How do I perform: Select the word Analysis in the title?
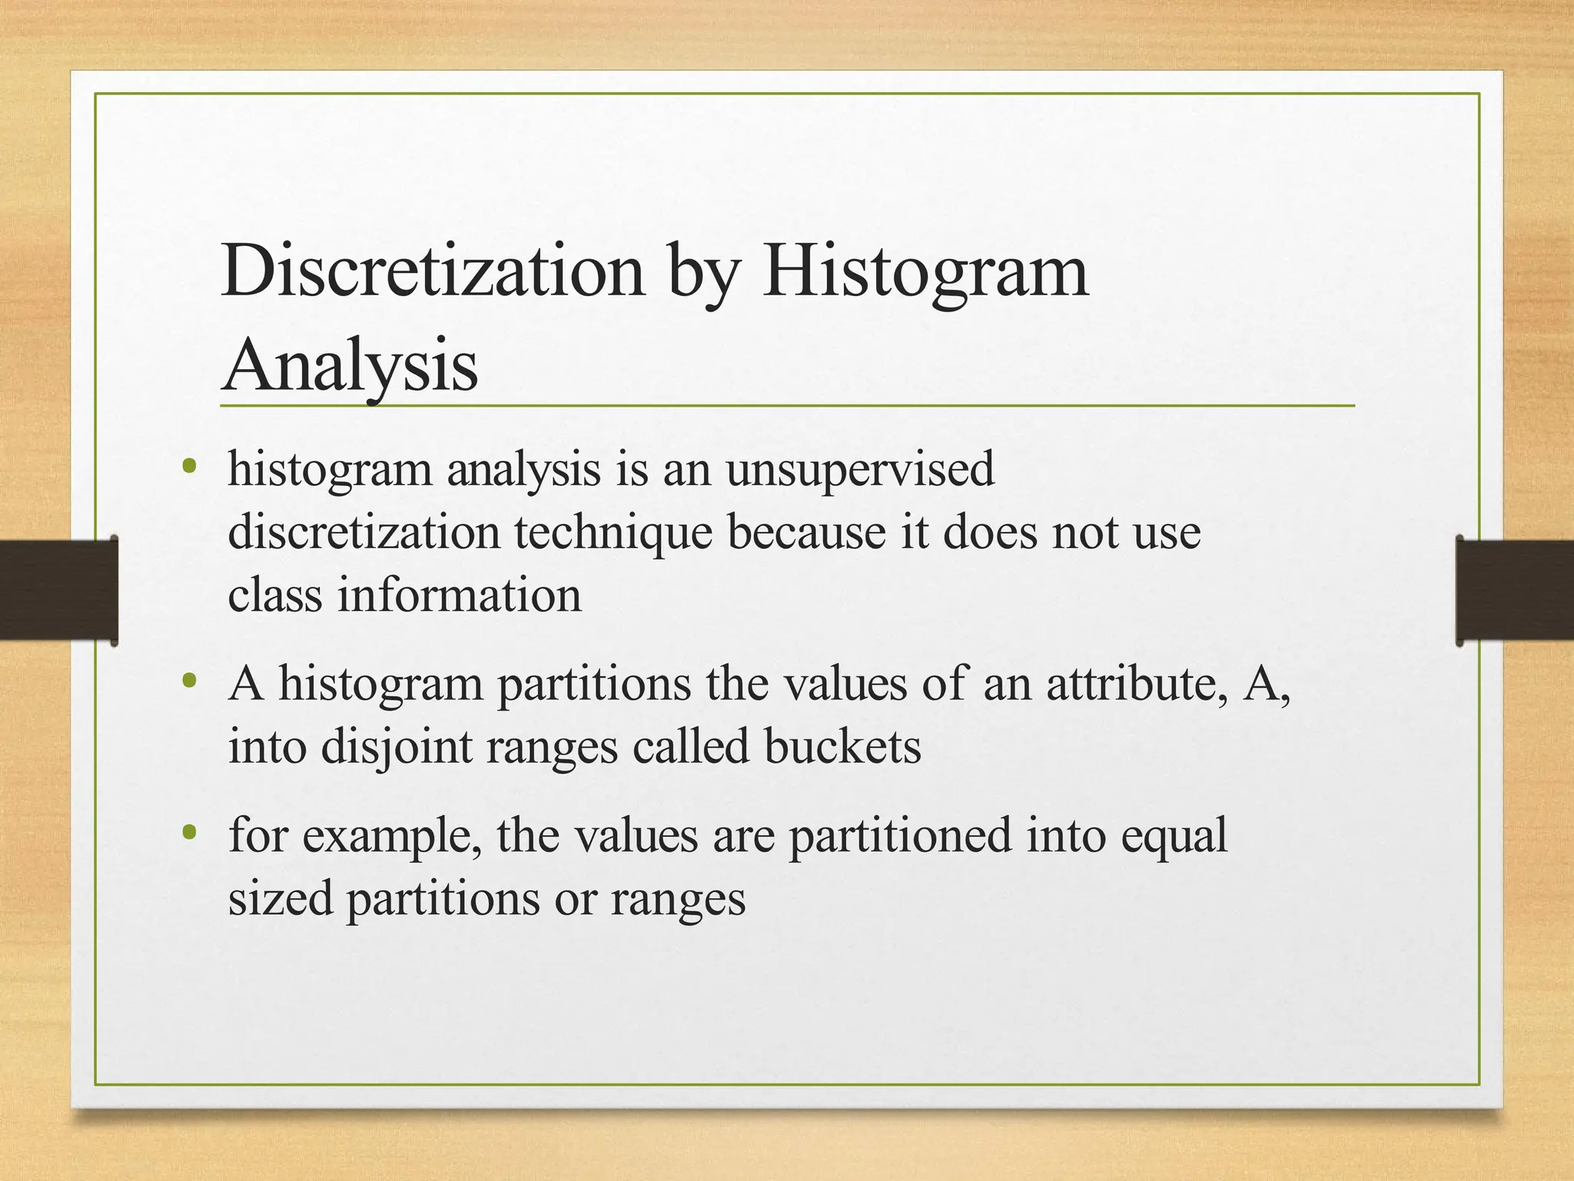click(x=350, y=366)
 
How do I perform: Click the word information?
click(x=460, y=595)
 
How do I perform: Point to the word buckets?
click(x=842, y=746)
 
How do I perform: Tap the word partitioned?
click(x=900, y=836)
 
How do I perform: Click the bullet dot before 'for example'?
click(x=189, y=832)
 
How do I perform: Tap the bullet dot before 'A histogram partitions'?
click(x=189, y=680)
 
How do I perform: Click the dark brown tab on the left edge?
click(x=58, y=590)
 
